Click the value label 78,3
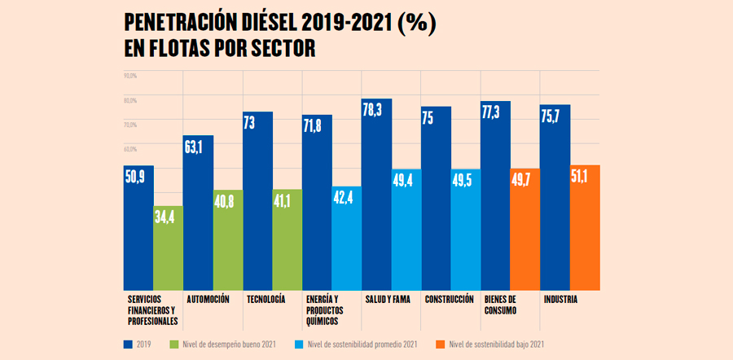(377, 110)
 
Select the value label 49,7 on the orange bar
(525, 181)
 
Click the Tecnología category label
(266, 300)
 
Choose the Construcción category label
(448, 300)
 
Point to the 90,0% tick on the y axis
(129, 76)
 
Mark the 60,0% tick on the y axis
(129, 149)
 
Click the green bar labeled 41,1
(287, 244)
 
